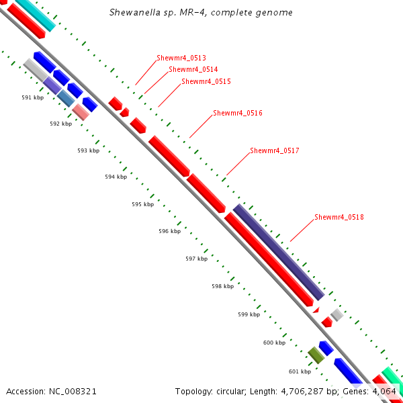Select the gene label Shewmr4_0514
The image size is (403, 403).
click(x=193, y=69)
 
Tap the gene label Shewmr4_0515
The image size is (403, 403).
click(x=206, y=81)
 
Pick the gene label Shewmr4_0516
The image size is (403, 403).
click(x=237, y=113)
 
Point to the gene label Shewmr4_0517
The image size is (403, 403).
click(x=274, y=150)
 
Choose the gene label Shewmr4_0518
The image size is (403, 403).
click(x=339, y=217)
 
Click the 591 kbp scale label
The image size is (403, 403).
click(x=32, y=97)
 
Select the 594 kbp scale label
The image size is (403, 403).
click(x=116, y=177)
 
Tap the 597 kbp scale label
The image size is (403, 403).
click(x=196, y=259)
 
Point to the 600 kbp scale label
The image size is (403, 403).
click(x=274, y=343)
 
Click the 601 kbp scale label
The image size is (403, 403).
click(x=300, y=371)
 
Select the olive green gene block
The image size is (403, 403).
click(x=316, y=355)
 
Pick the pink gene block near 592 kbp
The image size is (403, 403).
click(x=81, y=111)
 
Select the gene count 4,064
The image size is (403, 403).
click(x=384, y=391)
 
